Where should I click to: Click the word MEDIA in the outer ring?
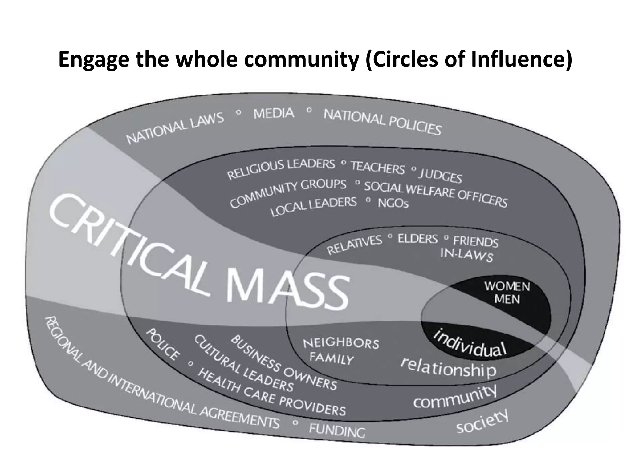tap(274, 113)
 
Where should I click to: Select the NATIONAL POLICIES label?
tap(382, 122)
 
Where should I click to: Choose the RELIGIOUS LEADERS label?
tap(281, 169)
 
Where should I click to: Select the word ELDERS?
tap(417, 239)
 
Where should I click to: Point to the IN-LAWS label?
tap(466, 255)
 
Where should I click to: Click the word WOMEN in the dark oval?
tap(507, 286)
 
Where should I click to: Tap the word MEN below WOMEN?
tap(507, 299)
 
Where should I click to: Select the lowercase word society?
tap(482, 422)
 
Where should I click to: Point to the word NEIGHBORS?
tap(341, 343)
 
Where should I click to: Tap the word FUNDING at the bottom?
tap(337, 430)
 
